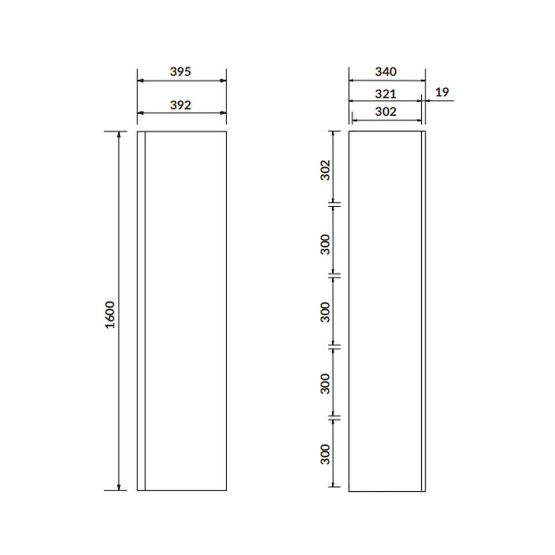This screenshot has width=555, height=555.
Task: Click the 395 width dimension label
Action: [x=180, y=72]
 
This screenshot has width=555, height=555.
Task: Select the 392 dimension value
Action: [x=180, y=105]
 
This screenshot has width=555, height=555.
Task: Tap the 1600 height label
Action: [x=110, y=315]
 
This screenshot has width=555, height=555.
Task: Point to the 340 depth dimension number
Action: [x=386, y=72]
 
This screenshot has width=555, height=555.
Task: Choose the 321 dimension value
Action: [x=386, y=94]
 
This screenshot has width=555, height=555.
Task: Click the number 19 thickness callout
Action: [x=442, y=92]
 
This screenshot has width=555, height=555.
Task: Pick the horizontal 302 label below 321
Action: [x=386, y=112]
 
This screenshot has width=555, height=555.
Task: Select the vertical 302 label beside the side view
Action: [x=325, y=170]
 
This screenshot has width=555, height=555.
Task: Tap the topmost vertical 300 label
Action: [x=325, y=244]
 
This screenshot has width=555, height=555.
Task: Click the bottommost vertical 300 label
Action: [x=325, y=454]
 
